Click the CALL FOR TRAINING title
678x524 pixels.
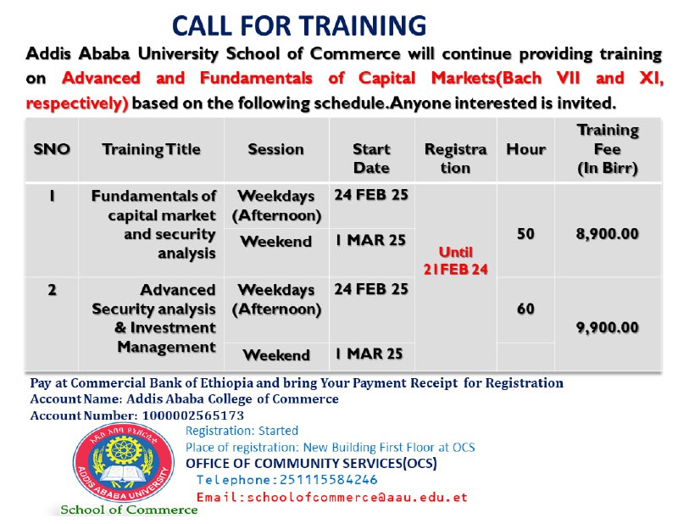click(x=299, y=25)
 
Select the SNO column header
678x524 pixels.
click(x=52, y=149)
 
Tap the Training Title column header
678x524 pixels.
click(x=152, y=149)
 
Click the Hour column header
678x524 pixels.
click(x=525, y=149)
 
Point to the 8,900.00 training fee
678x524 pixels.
click(x=607, y=234)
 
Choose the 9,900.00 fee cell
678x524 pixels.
click(x=607, y=327)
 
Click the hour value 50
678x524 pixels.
click(x=525, y=234)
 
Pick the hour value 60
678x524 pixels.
click(x=525, y=309)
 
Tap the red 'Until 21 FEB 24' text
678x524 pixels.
click(x=456, y=261)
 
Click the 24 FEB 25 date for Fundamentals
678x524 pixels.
click(x=371, y=195)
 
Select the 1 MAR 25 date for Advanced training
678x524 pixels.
click(x=369, y=354)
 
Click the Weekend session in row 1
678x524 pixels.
click(x=276, y=242)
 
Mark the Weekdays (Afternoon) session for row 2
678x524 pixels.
click(x=276, y=299)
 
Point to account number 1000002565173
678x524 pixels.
click(x=193, y=415)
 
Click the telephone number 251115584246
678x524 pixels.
click(x=329, y=480)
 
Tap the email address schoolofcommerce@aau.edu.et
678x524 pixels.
click(x=357, y=497)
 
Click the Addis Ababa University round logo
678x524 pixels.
click(x=124, y=463)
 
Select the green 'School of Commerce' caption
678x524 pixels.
click(x=129, y=510)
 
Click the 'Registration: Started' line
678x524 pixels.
click(x=242, y=431)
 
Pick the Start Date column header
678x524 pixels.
click(x=371, y=159)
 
